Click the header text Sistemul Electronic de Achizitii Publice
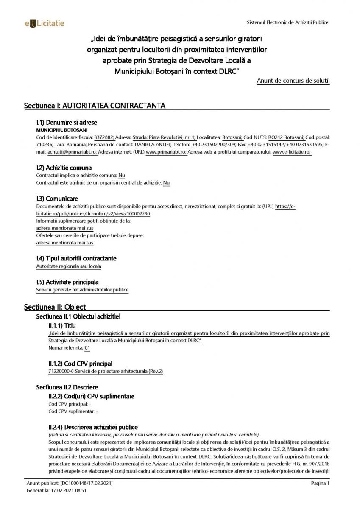(287, 22)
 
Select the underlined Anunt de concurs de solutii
(293, 81)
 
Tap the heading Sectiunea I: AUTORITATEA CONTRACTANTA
(95, 106)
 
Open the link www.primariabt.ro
(166, 151)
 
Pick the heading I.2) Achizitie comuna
(64, 168)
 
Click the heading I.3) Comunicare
(57, 199)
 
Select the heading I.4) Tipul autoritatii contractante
(76, 258)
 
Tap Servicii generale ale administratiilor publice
(82, 290)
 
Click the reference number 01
(87, 348)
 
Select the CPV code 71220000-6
(62, 371)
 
